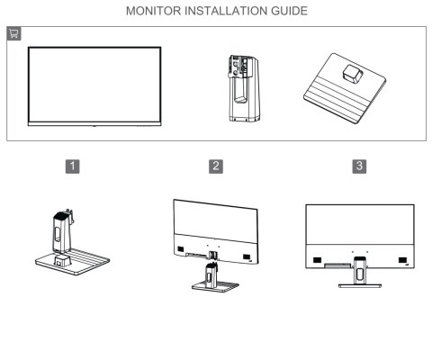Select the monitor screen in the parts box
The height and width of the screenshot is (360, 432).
[94, 81]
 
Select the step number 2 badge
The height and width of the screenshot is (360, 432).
[216, 166]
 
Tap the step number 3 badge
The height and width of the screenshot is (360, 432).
[360, 166]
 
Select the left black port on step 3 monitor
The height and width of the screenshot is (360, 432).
[318, 261]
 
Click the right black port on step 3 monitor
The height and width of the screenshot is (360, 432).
[402, 261]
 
